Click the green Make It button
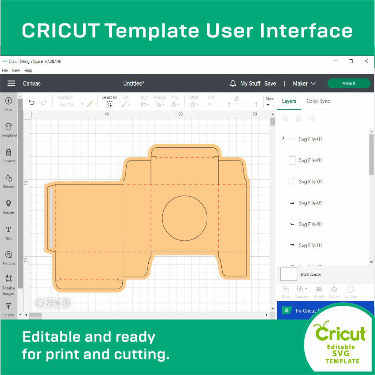348,83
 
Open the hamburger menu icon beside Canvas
11,83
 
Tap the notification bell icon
233,83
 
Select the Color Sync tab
318,101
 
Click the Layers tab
289,101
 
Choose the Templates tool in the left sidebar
9,130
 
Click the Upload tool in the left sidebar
9,309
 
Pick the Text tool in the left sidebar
9,232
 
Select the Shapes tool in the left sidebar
9,181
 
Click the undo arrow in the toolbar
32,103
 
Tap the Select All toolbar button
109,101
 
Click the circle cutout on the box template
185,218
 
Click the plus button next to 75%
66,303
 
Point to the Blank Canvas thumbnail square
289,274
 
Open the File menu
5,70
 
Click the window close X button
366,62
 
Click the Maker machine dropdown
304,83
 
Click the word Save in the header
270,83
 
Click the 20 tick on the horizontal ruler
180,114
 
